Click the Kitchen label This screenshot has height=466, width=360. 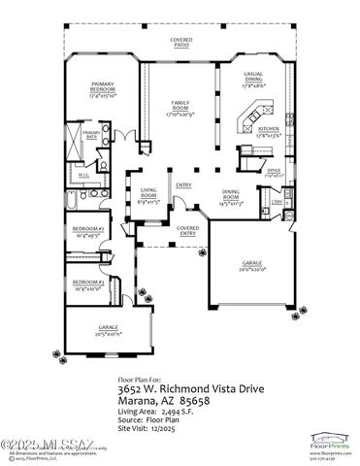[x=269, y=134]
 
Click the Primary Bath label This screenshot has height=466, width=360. [x=91, y=135]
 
